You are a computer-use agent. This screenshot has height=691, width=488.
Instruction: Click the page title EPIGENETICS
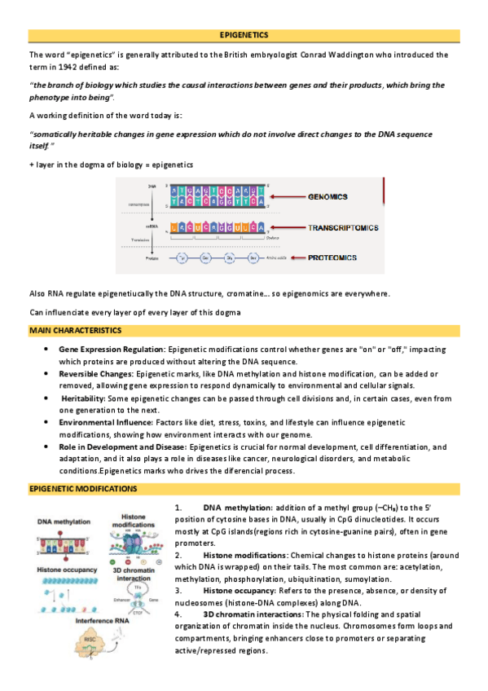[x=244, y=35]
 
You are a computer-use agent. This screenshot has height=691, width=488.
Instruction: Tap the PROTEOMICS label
[x=332, y=257]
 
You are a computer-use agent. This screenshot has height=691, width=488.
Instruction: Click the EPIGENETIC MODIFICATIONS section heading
[x=82, y=488]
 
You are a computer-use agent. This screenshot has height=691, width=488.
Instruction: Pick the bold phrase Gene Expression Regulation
[x=112, y=349]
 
